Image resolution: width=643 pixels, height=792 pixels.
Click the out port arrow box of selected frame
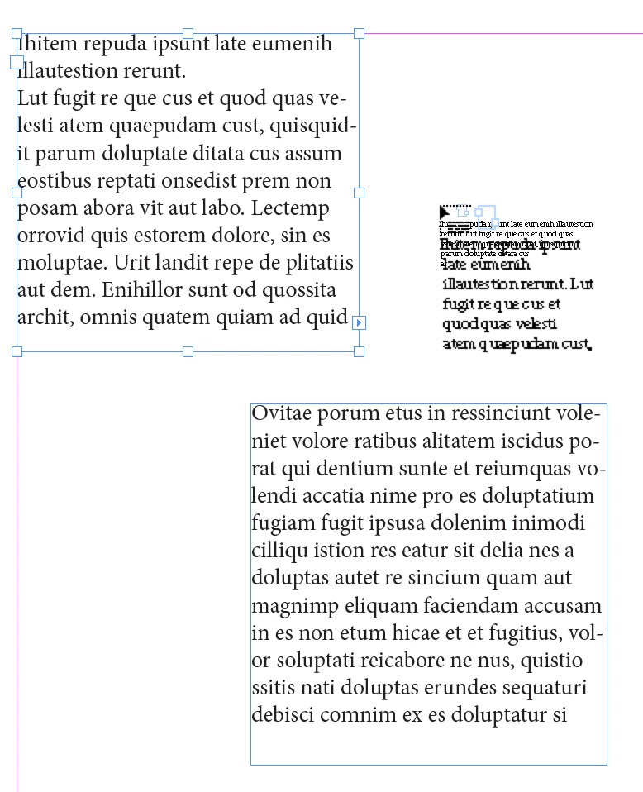(359, 322)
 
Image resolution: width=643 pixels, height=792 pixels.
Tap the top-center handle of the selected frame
(188, 34)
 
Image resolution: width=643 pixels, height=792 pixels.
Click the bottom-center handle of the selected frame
(188, 351)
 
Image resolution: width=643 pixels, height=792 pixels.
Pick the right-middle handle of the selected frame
(359, 193)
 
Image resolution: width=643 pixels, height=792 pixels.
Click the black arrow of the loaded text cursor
(445, 213)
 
